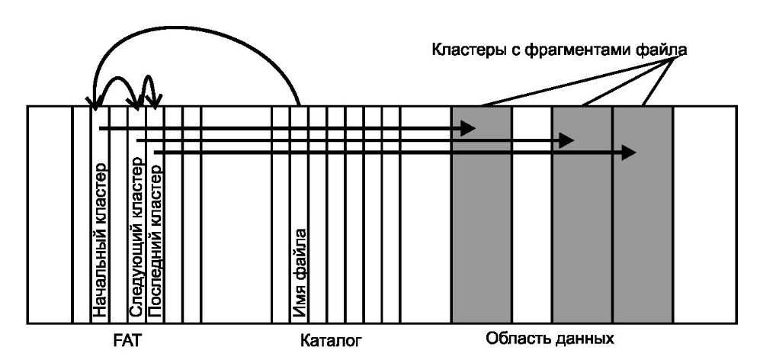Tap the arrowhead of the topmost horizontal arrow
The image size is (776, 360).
point(468,130)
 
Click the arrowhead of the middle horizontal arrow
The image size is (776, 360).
point(566,141)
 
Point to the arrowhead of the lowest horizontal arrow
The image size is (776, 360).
point(628,153)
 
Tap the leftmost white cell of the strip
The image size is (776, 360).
point(50,214)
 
